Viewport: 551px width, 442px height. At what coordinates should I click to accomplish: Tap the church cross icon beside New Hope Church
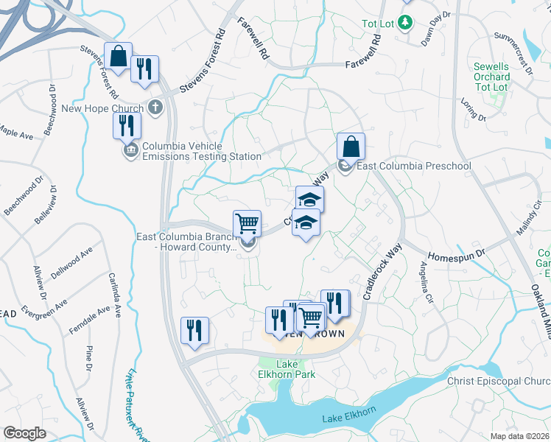click(x=155, y=108)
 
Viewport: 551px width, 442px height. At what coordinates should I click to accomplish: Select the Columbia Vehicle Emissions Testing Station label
click(x=201, y=151)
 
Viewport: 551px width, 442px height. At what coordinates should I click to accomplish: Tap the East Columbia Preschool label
click(x=413, y=166)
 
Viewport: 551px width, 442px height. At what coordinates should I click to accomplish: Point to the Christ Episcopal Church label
click(x=499, y=381)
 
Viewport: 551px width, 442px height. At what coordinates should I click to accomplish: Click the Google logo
click(x=24, y=433)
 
